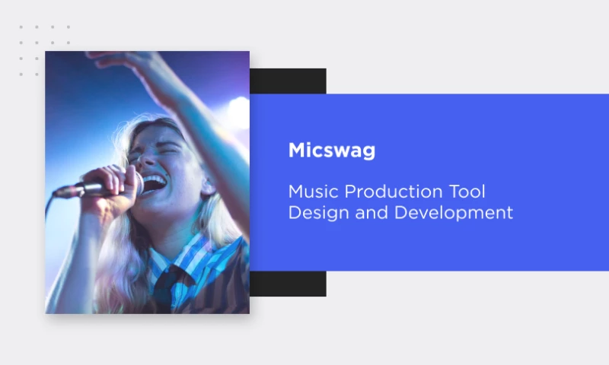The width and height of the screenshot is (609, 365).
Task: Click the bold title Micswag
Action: (331, 151)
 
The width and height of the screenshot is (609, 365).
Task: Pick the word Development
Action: (453, 212)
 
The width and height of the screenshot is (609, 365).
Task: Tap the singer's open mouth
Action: (154, 183)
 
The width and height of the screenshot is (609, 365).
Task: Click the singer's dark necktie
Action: (169, 285)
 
